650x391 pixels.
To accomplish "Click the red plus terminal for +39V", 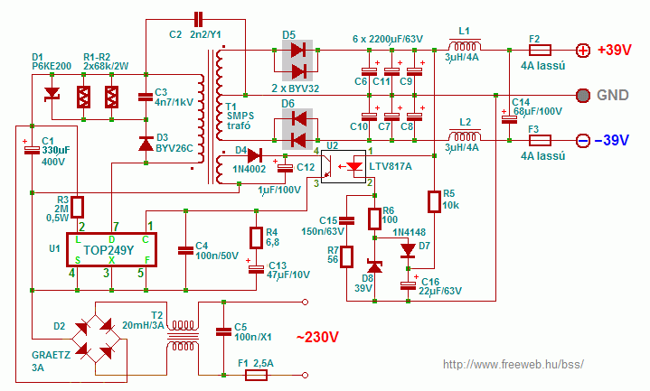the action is (x=583, y=51).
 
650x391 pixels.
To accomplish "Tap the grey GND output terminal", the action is (x=583, y=96).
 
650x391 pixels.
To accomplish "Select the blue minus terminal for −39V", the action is (x=583, y=141).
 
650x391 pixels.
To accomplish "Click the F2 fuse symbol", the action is (x=540, y=51).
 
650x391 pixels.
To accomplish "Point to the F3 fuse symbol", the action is (x=540, y=141).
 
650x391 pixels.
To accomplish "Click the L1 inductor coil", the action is (x=465, y=45).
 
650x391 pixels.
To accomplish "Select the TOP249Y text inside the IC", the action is (x=108, y=250).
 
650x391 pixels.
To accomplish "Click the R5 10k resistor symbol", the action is (x=434, y=201).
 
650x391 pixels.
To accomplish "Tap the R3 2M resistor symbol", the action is (x=78, y=207).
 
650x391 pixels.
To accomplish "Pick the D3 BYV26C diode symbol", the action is (x=146, y=144).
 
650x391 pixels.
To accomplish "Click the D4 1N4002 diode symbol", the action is (x=254, y=156).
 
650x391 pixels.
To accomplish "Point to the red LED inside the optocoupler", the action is (x=354, y=166).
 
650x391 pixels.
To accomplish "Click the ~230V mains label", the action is (x=317, y=337).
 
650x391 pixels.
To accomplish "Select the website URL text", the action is (x=513, y=365).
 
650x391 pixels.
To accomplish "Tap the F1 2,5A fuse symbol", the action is (x=256, y=376).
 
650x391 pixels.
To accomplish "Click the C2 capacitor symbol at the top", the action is (x=198, y=19).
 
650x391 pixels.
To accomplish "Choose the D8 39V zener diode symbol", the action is (x=375, y=265).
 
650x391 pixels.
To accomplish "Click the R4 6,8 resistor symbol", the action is (x=256, y=237).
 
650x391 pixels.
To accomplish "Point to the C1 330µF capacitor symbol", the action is (x=32, y=150).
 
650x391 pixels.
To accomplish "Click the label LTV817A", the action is (x=390, y=166).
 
